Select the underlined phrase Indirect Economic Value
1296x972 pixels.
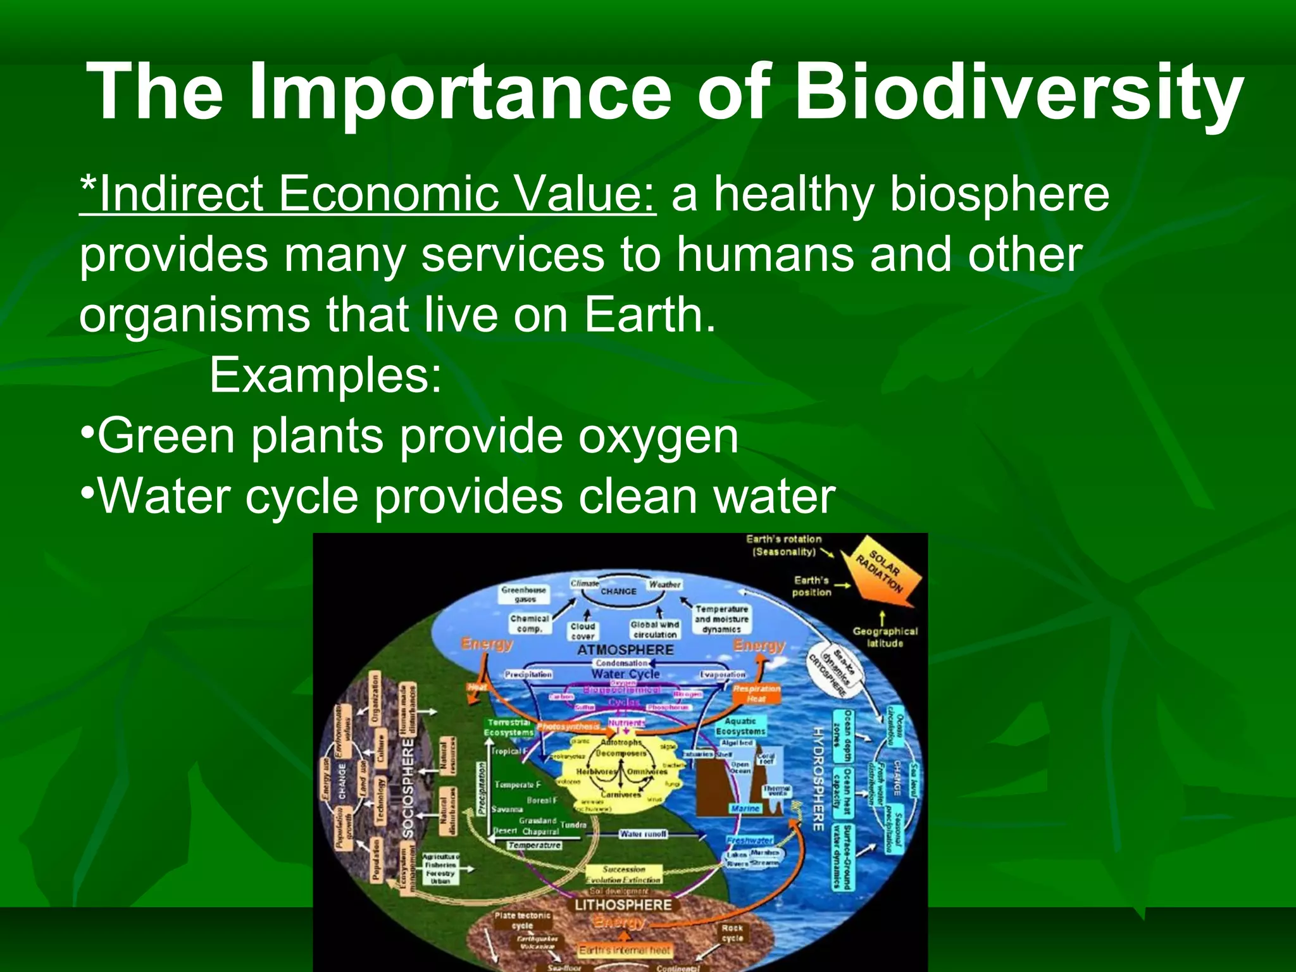tap(368, 194)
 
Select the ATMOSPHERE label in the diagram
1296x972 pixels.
tap(625, 650)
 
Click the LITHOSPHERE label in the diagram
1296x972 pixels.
tap(623, 905)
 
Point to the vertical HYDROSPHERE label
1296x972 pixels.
tap(817, 778)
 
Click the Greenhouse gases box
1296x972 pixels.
tap(524, 594)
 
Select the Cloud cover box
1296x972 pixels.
tap(582, 631)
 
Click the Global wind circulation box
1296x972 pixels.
tap(654, 629)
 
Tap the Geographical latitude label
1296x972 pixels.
tap(884, 637)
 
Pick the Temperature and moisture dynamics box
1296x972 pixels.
tap(721, 619)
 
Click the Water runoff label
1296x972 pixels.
tap(643, 834)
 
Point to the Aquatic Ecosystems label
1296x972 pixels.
tap(740, 726)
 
